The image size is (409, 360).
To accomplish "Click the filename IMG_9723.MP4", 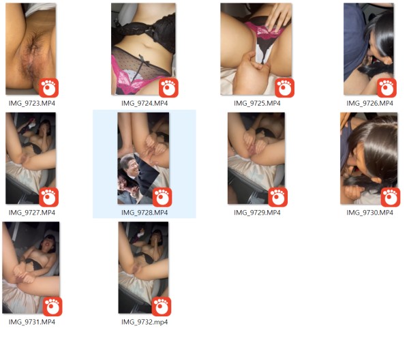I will (x=32, y=103).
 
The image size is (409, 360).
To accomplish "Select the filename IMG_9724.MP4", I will (x=144, y=103).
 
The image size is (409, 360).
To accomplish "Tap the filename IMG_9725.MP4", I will (x=256, y=103).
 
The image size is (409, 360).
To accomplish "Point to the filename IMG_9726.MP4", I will (x=369, y=103).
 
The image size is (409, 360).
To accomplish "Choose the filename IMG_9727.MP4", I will (x=32, y=212).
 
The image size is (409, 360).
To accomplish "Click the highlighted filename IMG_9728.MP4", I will (x=144, y=212).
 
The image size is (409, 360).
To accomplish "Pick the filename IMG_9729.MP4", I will (x=256, y=212).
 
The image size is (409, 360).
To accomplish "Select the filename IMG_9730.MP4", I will (x=369, y=212).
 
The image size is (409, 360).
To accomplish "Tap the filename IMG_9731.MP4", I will (x=32, y=322).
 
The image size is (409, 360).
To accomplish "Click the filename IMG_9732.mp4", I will (x=144, y=322).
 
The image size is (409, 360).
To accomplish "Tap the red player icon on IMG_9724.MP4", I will (x=168, y=87).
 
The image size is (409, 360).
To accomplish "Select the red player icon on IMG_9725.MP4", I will (x=284, y=87).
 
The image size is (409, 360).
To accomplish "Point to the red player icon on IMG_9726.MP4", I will (x=387, y=87).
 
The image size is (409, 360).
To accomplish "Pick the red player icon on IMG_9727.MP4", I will (x=49, y=197).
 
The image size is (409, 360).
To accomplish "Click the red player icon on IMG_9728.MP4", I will (x=162, y=197).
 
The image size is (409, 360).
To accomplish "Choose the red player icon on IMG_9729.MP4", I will (x=277, y=197).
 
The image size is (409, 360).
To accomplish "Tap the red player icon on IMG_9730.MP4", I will (x=390, y=197).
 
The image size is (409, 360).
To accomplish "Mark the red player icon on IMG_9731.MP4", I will (x=52, y=306).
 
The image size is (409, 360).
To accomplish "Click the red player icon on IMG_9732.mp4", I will (x=161, y=306).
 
